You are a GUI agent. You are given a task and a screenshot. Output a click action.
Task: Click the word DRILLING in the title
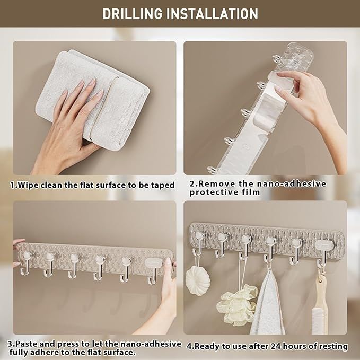click(x=132, y=14)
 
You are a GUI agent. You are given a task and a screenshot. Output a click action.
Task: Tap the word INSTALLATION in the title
click(x=212, y=14)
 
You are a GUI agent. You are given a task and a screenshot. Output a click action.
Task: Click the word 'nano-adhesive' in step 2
click(x=292, y=183)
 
